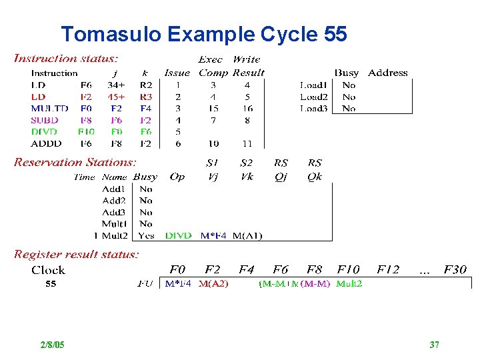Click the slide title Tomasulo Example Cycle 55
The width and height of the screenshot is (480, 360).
[203, 34]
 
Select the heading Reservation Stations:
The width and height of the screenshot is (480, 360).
[75, 162]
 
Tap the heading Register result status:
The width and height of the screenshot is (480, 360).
[77, 254]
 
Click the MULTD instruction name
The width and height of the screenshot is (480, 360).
[50, 109]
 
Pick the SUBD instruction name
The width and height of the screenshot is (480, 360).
[45, 120]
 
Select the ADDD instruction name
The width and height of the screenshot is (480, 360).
[46, 143]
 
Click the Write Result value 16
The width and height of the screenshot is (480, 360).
[247, 109]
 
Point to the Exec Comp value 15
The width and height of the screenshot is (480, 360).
[213, 109]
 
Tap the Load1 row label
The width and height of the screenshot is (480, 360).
[313, 85]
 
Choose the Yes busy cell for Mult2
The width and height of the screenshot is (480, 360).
[146, 235]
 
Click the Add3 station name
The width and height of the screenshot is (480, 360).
[114, 212]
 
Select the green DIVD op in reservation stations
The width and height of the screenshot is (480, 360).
[178, 235]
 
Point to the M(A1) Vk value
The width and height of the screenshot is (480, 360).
[247, 235]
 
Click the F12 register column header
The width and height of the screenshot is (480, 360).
[388, 270]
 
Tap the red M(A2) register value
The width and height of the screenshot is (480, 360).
[213, 284]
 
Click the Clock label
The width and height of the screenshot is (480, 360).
[48, 270]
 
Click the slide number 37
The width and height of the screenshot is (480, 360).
[434, 345]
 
